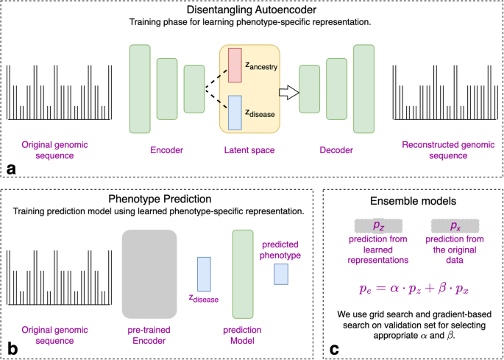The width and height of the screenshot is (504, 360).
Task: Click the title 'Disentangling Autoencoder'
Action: (x=252, y=11)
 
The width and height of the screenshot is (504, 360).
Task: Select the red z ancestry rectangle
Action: (x=234, y=66)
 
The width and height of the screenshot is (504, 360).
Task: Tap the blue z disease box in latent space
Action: (x=234, y=113)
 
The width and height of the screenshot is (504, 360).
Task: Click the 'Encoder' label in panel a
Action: (x=167, y=150)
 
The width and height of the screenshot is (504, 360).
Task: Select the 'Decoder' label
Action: (x=336, y=150)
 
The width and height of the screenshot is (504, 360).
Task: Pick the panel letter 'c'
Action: (x=336, y=347)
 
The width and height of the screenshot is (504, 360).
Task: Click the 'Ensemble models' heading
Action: (x=414, y=200)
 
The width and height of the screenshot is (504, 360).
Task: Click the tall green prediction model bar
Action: (x=243, y=273)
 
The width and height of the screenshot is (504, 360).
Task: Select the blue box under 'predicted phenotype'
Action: (x=281, y=274)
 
